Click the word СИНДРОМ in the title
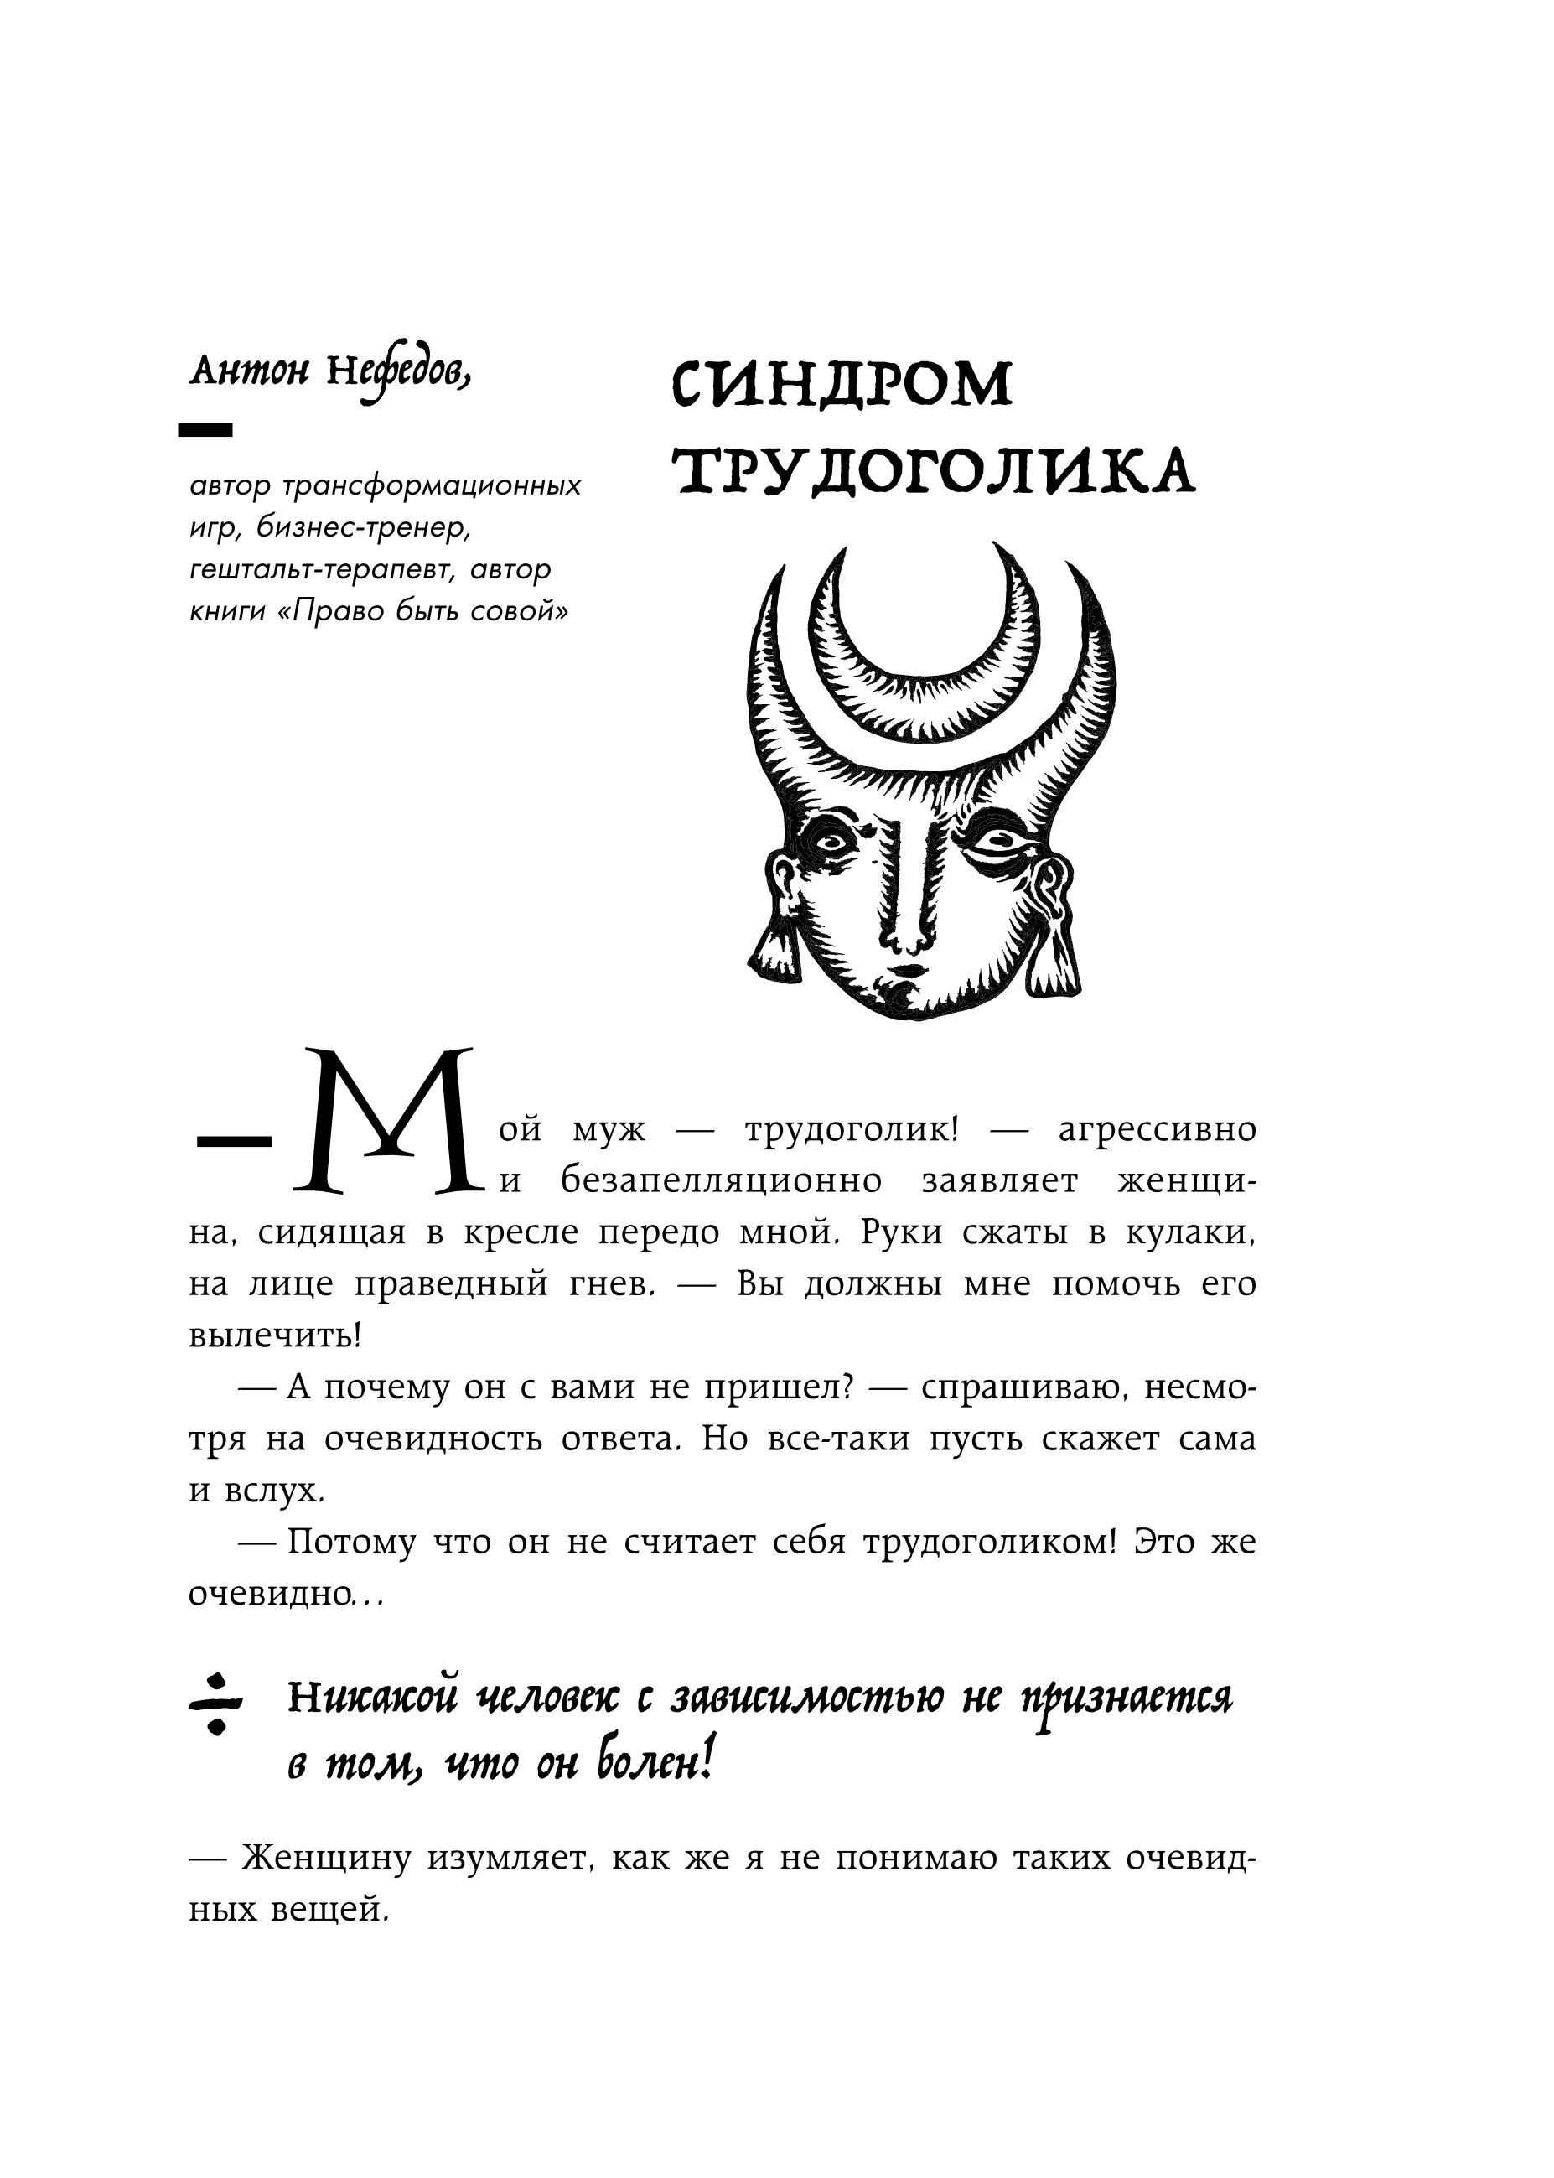(842, 385)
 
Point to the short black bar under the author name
(205, 431)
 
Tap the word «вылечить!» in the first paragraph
(276, 1335)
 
